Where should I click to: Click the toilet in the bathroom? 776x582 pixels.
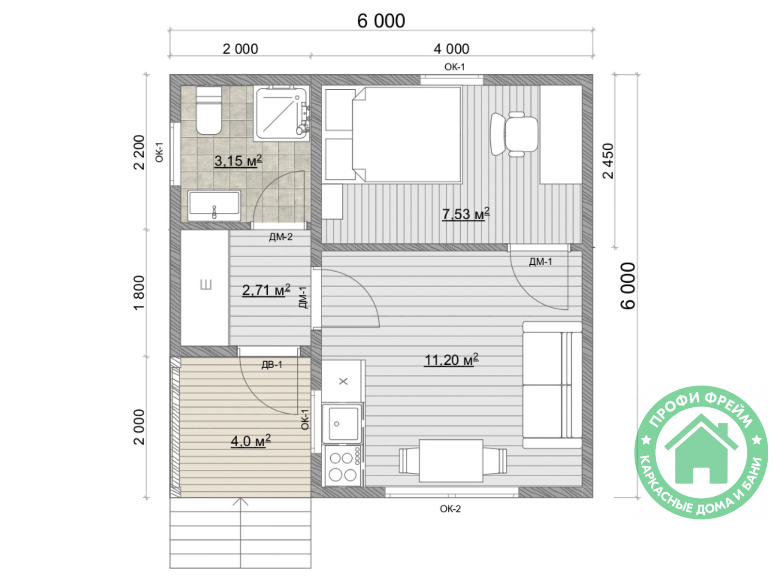click(x=209, y=110)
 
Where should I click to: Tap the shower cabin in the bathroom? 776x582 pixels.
click(x=282, y=113)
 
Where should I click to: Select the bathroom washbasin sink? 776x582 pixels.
click(x=214, y=206)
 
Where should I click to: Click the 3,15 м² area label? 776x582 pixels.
click(x=238, y=161)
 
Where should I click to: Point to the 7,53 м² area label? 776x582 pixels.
click(x=466, y=214)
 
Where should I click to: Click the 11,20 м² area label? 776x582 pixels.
click(x=451, y=360)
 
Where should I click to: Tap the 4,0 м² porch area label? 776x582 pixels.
click(x=251, y=441)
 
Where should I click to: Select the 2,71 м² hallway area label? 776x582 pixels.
click(x=266, y=290)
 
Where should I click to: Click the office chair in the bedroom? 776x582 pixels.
click(x=514, y=134)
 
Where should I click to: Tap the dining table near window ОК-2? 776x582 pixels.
click(x=451, y=461)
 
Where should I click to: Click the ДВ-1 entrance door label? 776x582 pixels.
click(x=272, y=365)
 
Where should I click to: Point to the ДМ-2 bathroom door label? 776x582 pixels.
click(x=281, y=237)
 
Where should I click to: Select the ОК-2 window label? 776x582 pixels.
click(x=451, y=509)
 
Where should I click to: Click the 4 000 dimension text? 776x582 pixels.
click(x=452, y=49)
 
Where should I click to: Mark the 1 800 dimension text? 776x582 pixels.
click(x=139, y=292)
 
